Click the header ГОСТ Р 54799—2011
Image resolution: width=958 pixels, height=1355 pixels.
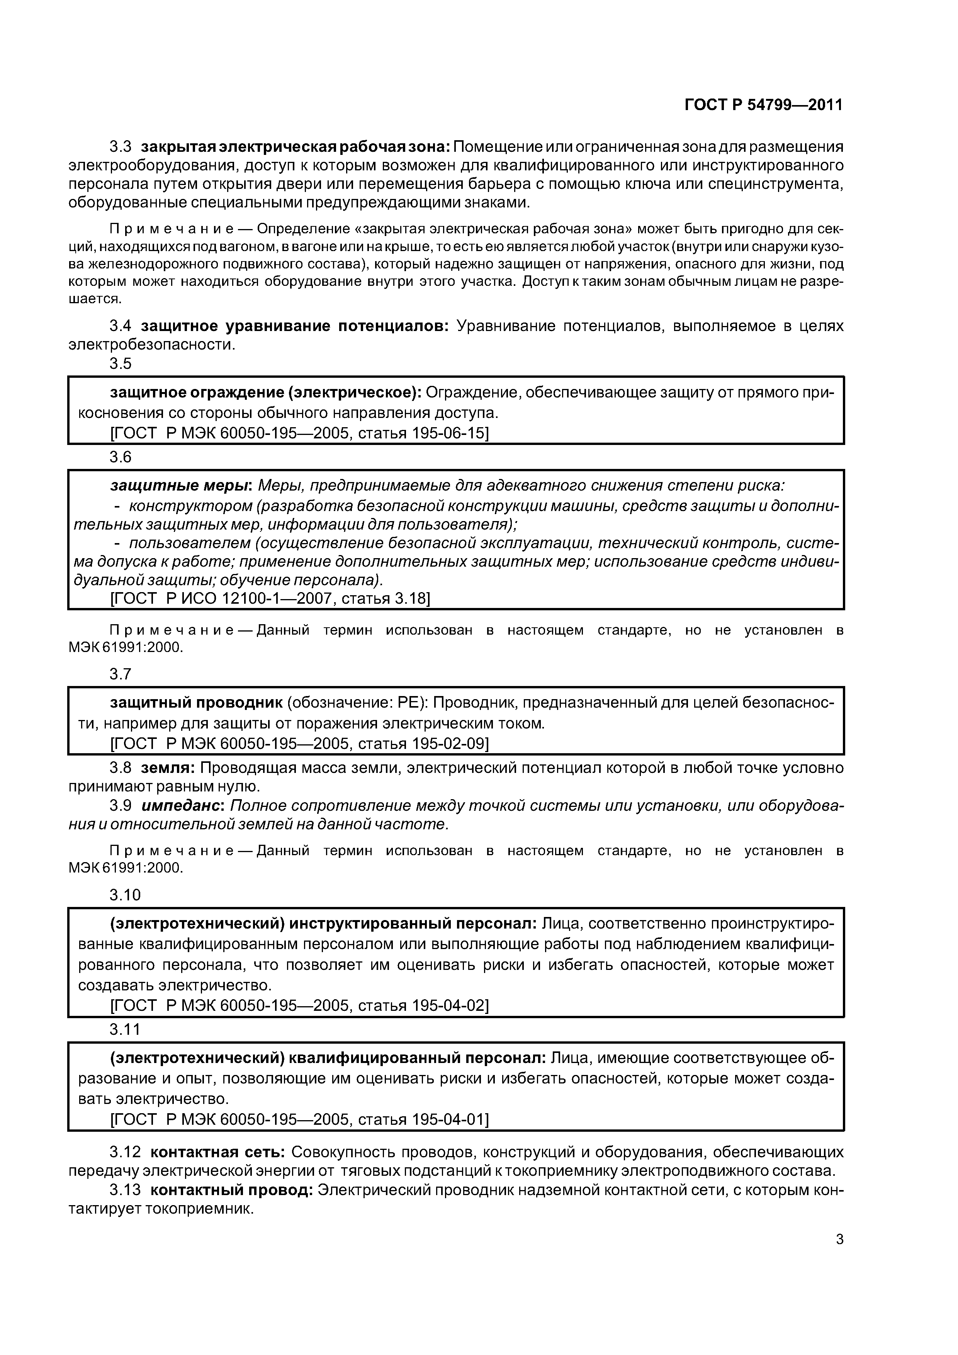(763, 105)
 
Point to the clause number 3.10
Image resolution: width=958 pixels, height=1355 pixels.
(125, 895)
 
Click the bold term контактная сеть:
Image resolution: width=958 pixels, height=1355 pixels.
(218, 1152)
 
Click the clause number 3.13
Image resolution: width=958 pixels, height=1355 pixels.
(125, 1190)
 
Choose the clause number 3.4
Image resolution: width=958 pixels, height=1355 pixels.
(121, 326)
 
